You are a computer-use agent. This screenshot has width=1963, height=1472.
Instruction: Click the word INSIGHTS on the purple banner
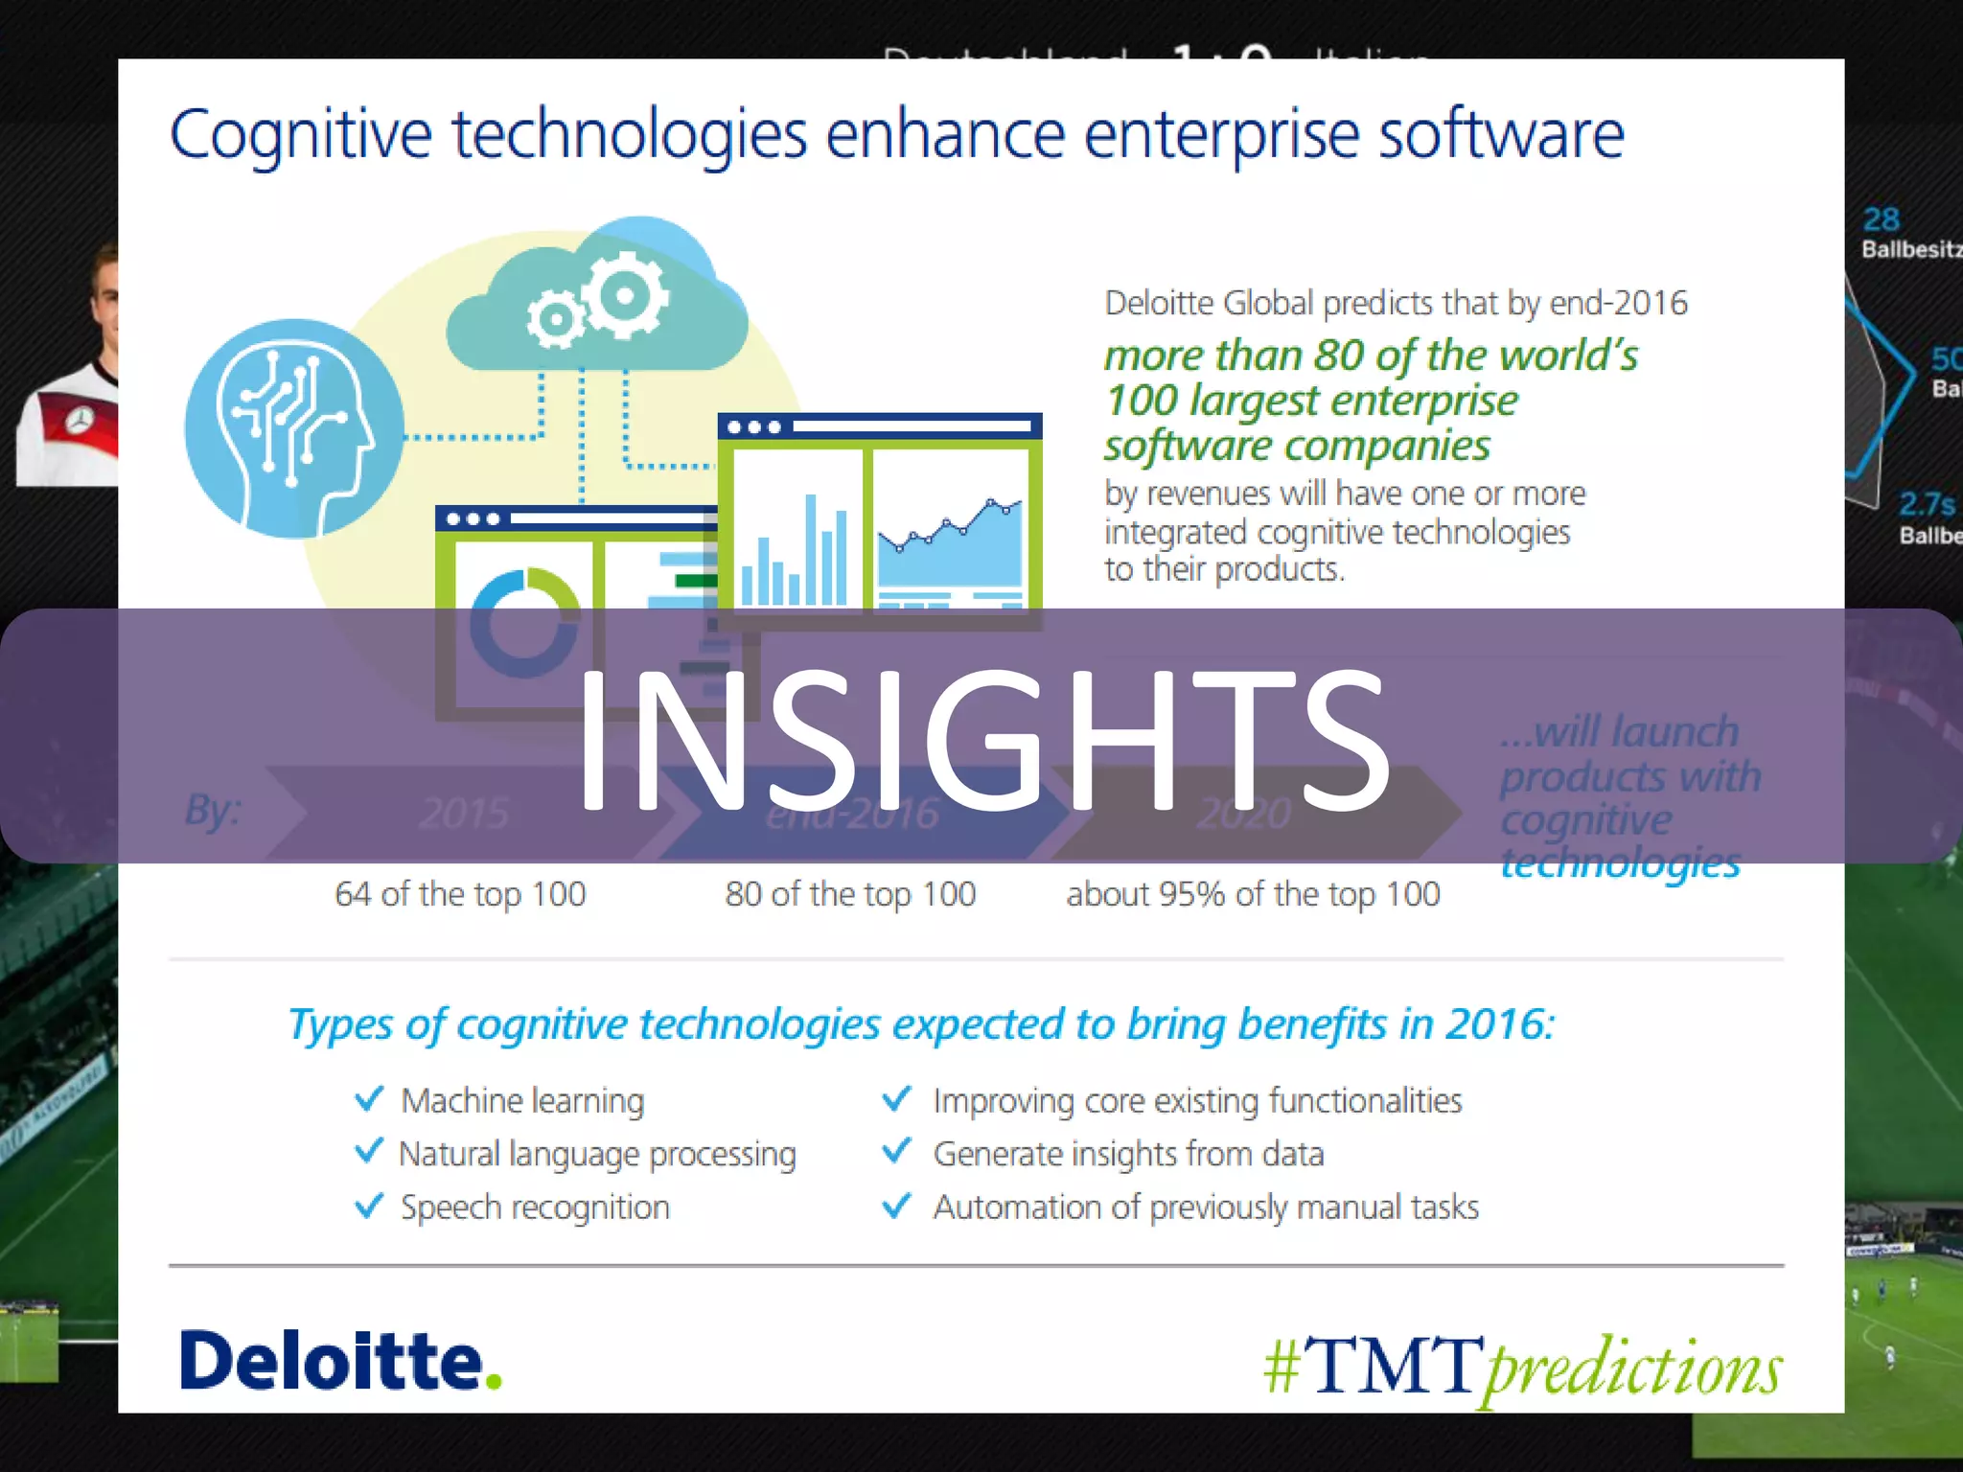(983, 738)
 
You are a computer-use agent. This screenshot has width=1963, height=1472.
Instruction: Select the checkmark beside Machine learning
(369, 1099)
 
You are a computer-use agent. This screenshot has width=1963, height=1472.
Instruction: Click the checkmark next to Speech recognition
(369, 1206)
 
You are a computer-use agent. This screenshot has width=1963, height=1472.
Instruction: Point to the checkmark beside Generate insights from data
(896, 1151)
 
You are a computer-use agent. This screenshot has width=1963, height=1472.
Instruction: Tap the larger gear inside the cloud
(626, 294)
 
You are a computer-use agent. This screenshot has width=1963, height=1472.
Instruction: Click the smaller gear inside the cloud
(556, 319)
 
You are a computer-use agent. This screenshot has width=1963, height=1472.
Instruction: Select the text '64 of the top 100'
(460, 894)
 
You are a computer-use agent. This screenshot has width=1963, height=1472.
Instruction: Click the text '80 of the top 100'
(850, 894)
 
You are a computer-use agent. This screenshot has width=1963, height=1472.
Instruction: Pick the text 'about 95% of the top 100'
(1253, 894)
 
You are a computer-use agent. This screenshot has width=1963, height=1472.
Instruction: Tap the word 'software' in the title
(1501, 135)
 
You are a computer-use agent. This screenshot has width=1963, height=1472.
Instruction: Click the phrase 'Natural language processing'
(597, 1154)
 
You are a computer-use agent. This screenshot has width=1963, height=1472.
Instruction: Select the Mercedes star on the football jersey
(81, 419)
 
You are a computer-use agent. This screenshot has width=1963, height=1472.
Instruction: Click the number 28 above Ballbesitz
(1881, 219)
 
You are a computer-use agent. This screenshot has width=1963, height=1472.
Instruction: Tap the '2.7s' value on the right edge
(1927, 504)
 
